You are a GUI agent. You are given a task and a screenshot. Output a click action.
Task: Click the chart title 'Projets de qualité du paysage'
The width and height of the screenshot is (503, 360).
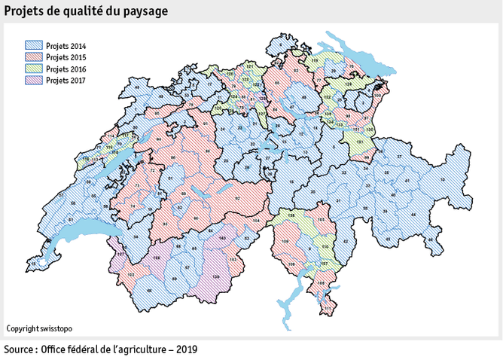(x=87, y=12)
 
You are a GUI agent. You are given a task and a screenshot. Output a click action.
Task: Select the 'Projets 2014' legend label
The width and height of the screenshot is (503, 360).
(x=66, y=46)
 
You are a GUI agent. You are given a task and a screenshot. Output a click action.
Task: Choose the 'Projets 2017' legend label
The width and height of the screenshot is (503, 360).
(x=66, y=80)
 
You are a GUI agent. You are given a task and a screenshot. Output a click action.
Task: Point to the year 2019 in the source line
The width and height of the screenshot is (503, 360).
(x=186, y=350)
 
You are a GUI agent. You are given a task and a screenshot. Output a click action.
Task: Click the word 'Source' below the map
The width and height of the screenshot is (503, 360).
(x=21, y=350)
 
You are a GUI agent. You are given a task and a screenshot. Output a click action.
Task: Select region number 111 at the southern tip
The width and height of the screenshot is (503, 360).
(x=328, y=308)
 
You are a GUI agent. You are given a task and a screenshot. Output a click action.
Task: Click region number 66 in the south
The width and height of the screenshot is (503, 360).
(x=149, y=291)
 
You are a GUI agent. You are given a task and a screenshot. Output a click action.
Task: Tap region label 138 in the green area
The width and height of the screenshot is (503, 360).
(x=291, y=215)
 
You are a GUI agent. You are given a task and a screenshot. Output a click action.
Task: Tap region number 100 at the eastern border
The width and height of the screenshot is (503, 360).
(x=380, y=93)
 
